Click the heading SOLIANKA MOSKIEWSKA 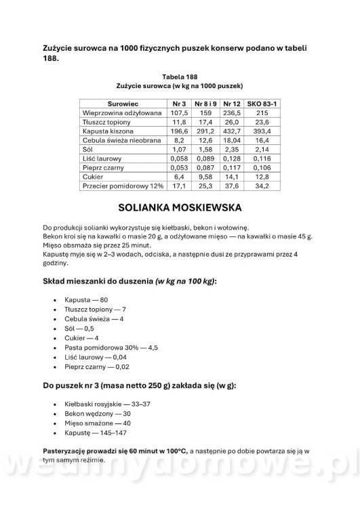[179, 206]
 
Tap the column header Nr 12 [231, 102]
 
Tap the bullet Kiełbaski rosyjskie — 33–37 [107, 404]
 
